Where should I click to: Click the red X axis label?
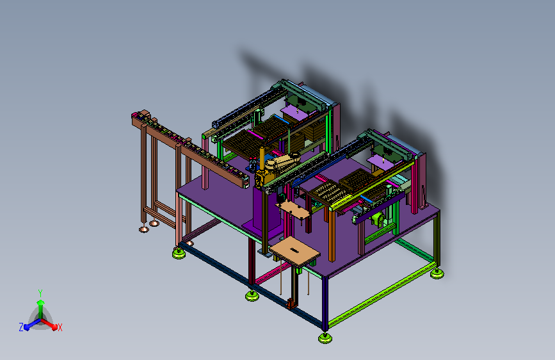coord(60,327)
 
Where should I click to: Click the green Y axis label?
coord(40,293)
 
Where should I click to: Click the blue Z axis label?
coord(21,327)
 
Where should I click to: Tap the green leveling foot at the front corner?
coord(325,338)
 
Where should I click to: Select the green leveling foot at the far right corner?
coord(437,274)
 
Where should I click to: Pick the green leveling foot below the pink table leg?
coord(179,253)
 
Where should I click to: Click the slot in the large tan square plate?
coord(294,250)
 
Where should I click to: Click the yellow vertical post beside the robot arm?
coord(262,158)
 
